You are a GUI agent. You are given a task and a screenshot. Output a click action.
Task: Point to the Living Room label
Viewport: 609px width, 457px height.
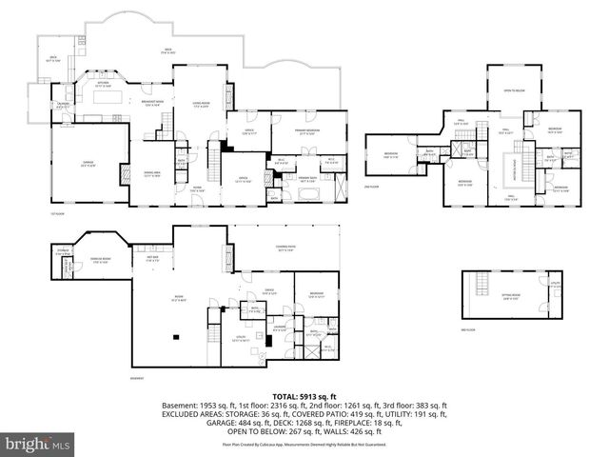click(x=202, y=104)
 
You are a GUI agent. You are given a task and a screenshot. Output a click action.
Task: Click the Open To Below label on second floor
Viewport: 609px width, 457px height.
click(x=514, y=90)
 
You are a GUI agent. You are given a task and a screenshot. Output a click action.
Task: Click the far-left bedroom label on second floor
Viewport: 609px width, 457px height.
click(x=391, y=154)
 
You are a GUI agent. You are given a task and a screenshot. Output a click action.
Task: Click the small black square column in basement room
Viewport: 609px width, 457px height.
click(x=176, y=336)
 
